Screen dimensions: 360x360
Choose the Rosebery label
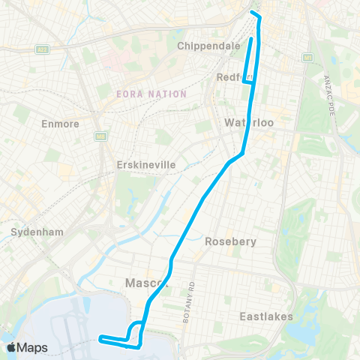[231, 241]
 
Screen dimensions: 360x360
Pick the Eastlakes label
[266, 316]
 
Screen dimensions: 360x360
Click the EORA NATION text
[151, 94]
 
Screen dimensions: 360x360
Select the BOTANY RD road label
[192, 302]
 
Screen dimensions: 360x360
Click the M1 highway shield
[307, 57]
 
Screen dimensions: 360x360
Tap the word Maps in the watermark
[33, 347]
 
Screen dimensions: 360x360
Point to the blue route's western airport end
[100, 339]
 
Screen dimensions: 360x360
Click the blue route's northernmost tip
[254, 13]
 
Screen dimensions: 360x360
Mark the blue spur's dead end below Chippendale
[250, 37]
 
